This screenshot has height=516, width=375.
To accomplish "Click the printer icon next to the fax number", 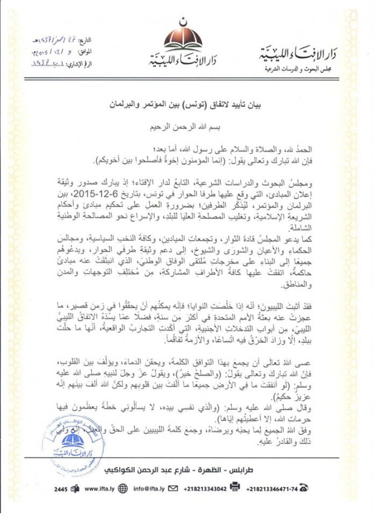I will point(249,488).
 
